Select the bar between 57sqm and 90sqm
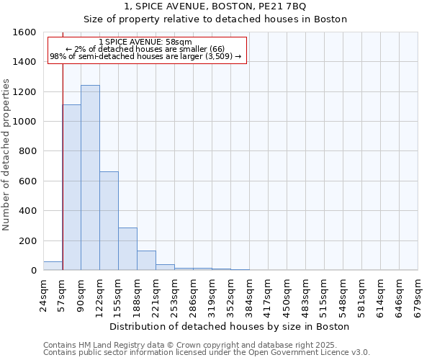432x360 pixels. tap(71, 187)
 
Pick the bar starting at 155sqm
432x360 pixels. tap(127, 249)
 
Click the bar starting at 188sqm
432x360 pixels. tap(146, 261)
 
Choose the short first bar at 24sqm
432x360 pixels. tap(53, 266)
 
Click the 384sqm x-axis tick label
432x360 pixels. tap(249, 294)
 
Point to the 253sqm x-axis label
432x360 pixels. tap(174, 294)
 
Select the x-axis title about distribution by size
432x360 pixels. tap(230, 326)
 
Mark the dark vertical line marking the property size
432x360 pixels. tap(63, 144)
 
